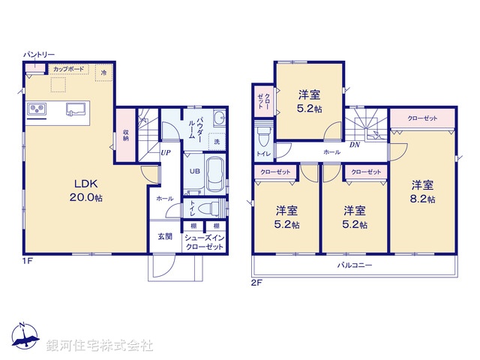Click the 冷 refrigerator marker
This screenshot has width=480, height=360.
click(x=103, y=73)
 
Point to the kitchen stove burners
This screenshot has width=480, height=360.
click(x=38, y=111)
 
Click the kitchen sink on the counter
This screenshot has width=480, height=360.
click(x=76, y=110)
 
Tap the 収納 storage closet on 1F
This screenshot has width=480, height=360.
click(x=126, y=134)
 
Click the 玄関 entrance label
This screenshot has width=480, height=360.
click(x=164, y=237)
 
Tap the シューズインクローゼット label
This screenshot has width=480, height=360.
click(x=203, y=242)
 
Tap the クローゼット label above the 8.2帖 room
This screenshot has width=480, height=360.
click(x=423, y=118)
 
